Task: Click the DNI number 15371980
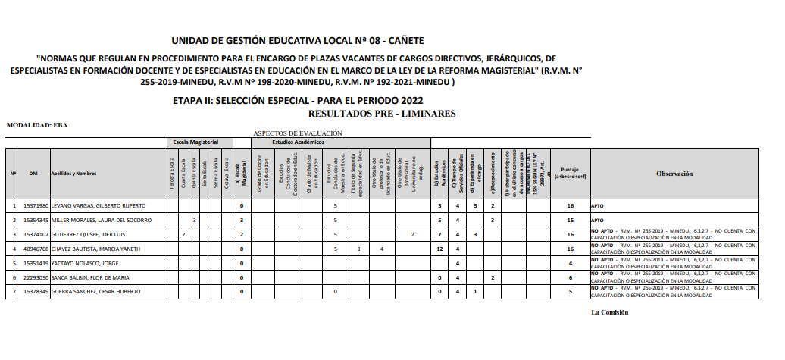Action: pyautogui.click(x=36, y=205)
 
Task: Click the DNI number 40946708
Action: pyautogui.click(x=36, y=249)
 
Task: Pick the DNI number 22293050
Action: pyautogui.click(x=36, y=277)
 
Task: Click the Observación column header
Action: pyautogui.click(x=674, y=174)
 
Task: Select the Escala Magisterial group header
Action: pyautogui.click(x=195, y=142)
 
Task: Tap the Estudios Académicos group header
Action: pyautogui.click(x=299, y=142)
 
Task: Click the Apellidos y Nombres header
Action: pyautogui.click(x=73, y=174)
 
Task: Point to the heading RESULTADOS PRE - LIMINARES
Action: pyautogui.click(x=382, y=114)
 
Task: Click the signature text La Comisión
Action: pyautogui.click(x=609, y=312)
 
